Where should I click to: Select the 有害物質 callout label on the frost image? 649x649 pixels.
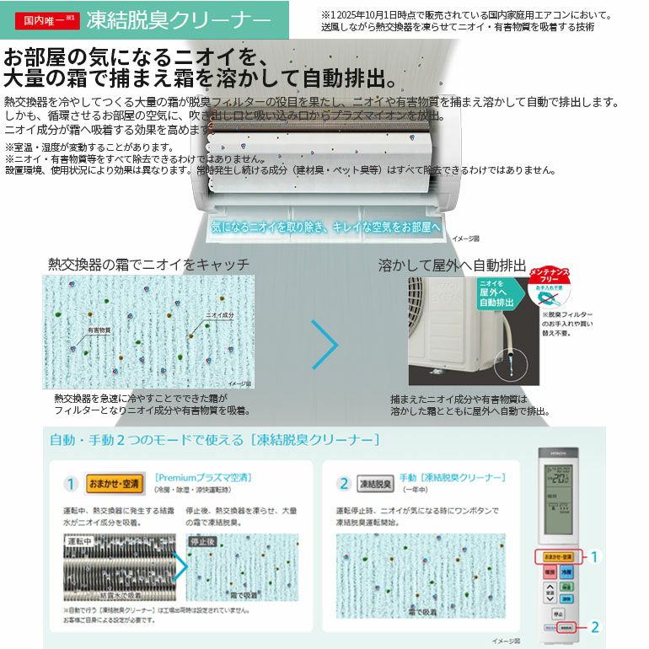[98, 330]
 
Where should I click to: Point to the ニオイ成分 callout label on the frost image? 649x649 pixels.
[220, 314]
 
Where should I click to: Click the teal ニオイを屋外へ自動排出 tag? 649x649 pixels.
[501, 292]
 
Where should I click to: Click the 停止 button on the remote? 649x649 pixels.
[557, 614]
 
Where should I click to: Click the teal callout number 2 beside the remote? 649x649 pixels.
[595, 626]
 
